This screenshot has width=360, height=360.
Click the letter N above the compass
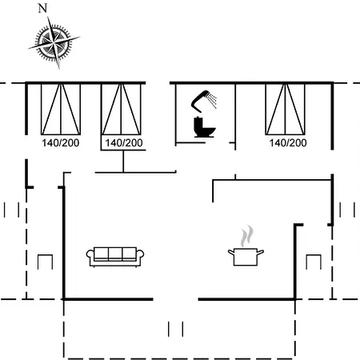point(42,8)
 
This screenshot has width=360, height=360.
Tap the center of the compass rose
point(54,42)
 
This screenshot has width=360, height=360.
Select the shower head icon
point(204,102)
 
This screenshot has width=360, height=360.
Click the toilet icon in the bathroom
point(204,127)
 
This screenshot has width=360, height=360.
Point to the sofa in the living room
point(115,257)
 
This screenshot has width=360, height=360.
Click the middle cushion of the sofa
point(115,254)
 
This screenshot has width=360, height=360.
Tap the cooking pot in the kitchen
point(246,257)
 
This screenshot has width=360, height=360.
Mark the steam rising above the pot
point(247,236)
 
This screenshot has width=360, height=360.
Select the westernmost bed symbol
point(61,110)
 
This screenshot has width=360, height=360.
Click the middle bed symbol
point(122,110)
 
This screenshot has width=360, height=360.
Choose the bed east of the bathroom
point(285,110)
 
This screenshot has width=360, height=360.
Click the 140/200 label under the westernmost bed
point(61,143)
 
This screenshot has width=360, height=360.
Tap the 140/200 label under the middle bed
point(124,143)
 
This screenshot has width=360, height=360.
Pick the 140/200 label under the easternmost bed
point(288,143)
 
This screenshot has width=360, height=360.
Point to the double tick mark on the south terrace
point(176,329)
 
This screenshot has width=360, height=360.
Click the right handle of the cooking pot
point(260,252)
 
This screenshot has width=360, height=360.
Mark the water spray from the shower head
point(213,100)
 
